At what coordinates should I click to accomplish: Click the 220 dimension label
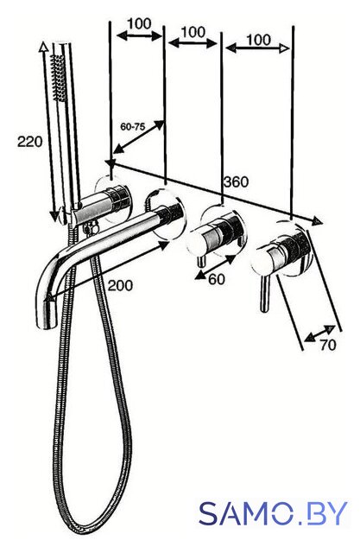point(30,142)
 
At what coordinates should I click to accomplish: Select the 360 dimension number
point(236,182)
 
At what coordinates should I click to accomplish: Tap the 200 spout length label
point(120,285)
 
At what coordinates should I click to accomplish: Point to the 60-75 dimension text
point(133,126)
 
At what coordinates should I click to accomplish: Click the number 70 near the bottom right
point(328,345)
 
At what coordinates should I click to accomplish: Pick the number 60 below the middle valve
point(217,279)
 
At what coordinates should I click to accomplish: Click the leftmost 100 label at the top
point(139,24)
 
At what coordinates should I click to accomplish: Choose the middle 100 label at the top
point(193,32)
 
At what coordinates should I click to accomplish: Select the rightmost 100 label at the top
point(259,40)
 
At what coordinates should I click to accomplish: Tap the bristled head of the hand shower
point(58,78)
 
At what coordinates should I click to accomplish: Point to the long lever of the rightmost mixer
point(264,294)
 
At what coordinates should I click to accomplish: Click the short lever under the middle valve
point(201,261)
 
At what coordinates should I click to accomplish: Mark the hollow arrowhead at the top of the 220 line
point(43,48)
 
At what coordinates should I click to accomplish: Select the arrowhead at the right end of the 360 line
point(318,221)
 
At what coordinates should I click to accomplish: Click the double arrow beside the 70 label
point(319,334)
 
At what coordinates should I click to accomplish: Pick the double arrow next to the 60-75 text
point(139,137)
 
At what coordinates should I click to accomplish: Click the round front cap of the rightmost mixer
point(262,263)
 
